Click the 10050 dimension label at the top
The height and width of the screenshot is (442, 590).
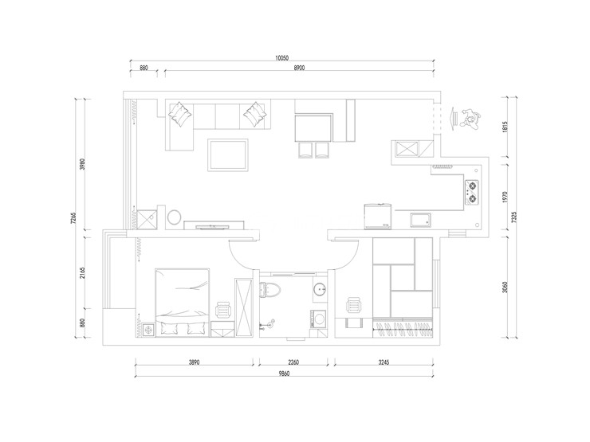pyautogui.click(x=281, y=58)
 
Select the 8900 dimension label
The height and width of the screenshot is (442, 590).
pyautogui.click(x=299, y=68)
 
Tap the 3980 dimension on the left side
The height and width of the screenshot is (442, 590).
pyautogui.click(x=83, y=164)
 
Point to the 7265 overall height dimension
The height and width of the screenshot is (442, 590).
pyautogui.click(x=73, y=218)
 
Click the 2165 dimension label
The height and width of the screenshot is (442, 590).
pyautogui.click(x=83, y=273)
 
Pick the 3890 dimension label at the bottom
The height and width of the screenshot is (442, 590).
pyautogui.click(x=194, y=362)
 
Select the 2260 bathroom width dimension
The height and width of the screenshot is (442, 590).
pyautogui.click(x=293, y=362)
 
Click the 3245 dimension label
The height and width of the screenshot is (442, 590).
pyautogui.click(x=383, y=362)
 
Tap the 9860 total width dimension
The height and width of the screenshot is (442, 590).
pyautogui.click(x=284, y=374)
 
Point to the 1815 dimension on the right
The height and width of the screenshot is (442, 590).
pyautogui.click(x=505, y=127)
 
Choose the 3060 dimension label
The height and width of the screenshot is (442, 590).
pyautogui.click(x=505, y=287)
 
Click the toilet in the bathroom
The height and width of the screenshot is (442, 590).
pyautogui.click(x=270, y=290)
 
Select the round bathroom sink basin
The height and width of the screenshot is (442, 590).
pyautogui.click(x=320, y=289)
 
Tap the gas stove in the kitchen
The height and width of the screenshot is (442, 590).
pyautogui.click(x=472, y=192)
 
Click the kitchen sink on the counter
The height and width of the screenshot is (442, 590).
pyautogui.click(x=421, y=221)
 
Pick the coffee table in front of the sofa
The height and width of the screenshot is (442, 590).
pyautogui.click(x=228, y=155)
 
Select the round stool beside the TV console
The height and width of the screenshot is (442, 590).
pyautogui.click(x=175, y=217)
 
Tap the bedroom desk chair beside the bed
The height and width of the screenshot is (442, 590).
pyautogui.click(x=222, y=310)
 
